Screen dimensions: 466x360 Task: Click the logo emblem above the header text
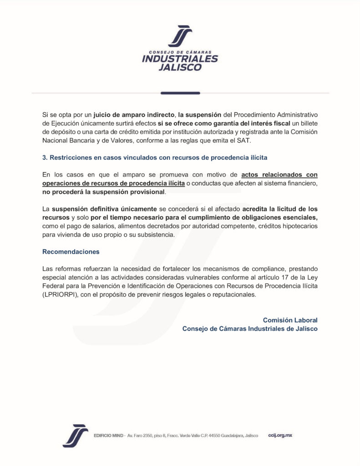tap(180, 35)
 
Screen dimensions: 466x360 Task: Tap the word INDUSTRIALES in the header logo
tap(180, 59)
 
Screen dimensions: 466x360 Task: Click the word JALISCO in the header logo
tap(180, 68)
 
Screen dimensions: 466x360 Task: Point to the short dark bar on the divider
tap(180, 93)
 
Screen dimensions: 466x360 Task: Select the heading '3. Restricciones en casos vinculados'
tap(154, 157)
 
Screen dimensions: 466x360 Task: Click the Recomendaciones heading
tap(71, 252)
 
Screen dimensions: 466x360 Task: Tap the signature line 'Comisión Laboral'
tap(290, 320)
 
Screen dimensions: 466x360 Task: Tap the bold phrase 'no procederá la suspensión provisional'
tap(104, 192)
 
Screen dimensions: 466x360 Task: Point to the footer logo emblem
tap(75, 436)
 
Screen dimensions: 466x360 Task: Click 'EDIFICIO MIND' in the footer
tap(108, 436)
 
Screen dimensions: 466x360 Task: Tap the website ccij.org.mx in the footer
tap(280, 436)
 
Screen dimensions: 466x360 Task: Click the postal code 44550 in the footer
tap(214, 436)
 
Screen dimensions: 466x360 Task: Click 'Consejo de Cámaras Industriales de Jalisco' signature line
tap(250, 329)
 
